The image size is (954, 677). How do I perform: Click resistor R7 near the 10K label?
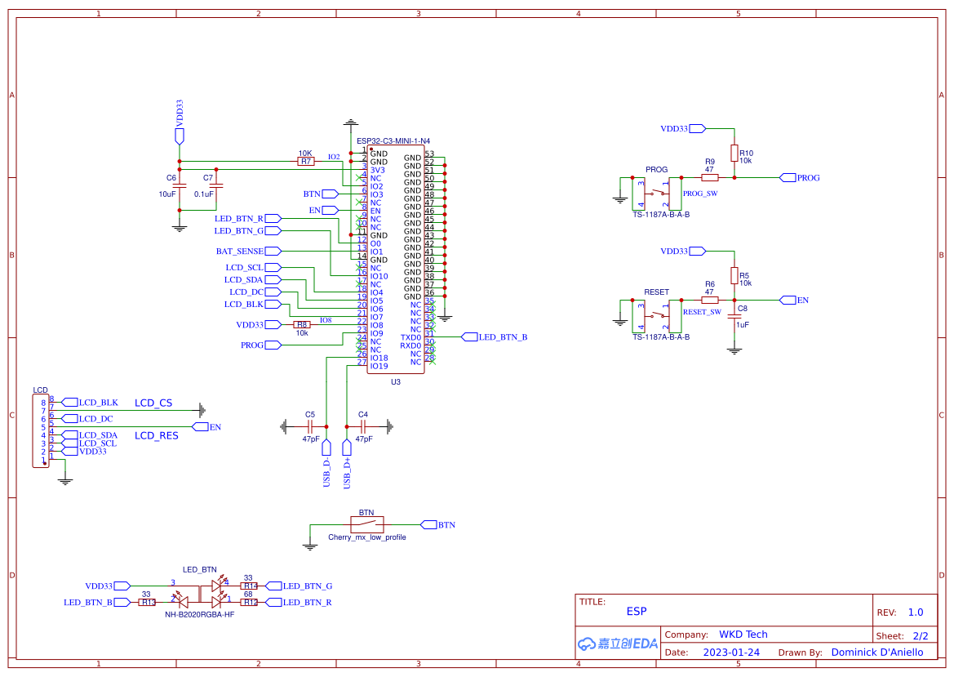(x=306, y=162)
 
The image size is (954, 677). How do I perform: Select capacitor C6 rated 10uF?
(x=180, y=185)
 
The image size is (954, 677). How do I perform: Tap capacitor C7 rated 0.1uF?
(x=215, y=185)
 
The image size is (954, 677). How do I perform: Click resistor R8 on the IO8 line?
(x=302, y=325)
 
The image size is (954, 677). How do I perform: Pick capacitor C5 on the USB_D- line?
(x=310, y=426)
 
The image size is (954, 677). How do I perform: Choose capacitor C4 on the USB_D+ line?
(x=362, y=426)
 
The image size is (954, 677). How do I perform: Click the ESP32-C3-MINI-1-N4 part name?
(x=393, y=140)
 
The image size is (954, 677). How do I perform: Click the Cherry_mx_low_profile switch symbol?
(x=366, y=524)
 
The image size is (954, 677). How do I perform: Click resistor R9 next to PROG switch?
(x=710, y=177)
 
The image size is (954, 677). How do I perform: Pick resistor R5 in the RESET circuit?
(x=734, y=275)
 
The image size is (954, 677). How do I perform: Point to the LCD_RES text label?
(x=156, y=436)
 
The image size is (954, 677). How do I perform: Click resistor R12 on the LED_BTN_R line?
(x=249, y=603)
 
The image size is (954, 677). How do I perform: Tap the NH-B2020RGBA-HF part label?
(x=199, y=615)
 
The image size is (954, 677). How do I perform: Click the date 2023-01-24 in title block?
(x=731, y=653)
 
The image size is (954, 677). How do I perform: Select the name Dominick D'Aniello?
(x=877, y=653)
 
